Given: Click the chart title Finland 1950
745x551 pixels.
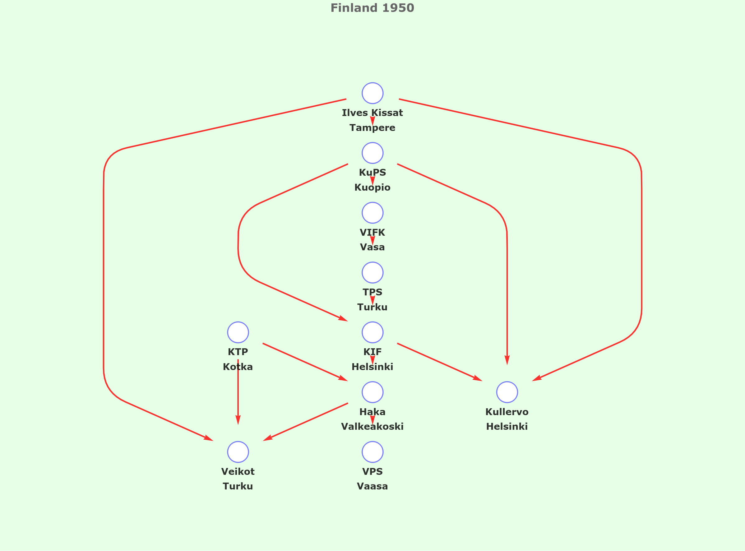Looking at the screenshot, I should (x=372, y=8).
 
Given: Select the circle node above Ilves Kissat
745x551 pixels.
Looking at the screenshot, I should (x=372, y=93).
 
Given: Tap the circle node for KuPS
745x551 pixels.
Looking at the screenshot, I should (x=372, y=153).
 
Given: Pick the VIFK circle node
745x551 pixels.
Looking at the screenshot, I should (x=372, y=213).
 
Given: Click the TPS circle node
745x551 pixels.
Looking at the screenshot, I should (x=372, y=272).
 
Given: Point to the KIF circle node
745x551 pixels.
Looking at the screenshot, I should (x=372, y=332).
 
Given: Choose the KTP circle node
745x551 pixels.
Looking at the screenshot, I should (x=238, y=332).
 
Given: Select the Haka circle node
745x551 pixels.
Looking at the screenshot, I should (x=372, y=392).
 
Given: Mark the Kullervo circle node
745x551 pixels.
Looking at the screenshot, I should (x=507, y=392).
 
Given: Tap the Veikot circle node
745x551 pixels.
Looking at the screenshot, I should (x=238, y=452).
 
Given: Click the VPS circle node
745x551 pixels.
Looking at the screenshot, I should (x=372, y=452).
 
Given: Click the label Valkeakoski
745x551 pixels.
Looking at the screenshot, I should (x=372, y=427).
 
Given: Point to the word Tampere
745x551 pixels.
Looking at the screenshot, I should (x=372, y=128).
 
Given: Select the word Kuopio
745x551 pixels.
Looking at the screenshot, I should (x=372, y=188).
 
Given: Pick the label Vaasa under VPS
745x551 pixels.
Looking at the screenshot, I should (x=372, y=486).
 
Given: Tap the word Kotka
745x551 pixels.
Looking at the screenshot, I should (x=238, y=367).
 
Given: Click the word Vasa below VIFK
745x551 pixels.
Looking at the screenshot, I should (x=372, y=247).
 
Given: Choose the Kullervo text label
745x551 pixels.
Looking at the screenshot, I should (x=507, y=412).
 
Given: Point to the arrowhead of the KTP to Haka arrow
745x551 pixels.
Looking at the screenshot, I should (x=344, y=379).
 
